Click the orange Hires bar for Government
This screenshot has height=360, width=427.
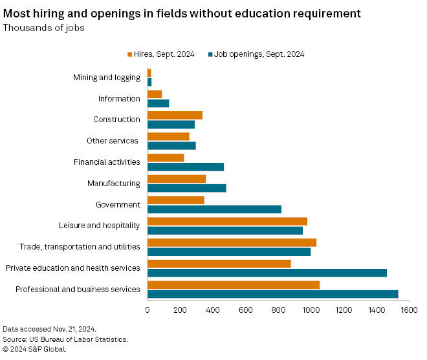[176, 200]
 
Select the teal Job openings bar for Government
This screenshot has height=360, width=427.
[214, 209]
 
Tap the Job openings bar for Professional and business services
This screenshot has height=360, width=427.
[272, 294]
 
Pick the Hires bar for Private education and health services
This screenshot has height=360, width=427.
[219, 264]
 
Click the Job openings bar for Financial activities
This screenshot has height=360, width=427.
[186, 167]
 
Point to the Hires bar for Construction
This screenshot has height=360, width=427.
[175, 115]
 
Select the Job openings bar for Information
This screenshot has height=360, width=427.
[158, 103]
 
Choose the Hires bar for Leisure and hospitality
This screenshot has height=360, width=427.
[227, 221]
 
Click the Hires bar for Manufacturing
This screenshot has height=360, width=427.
[177, 179]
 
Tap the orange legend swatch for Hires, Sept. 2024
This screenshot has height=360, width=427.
[130, 54]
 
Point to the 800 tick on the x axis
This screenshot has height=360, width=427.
[278, 310]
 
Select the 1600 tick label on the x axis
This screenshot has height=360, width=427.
[408, 310]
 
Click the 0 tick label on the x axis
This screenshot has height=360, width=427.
[148, 310]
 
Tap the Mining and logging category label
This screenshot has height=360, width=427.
[107, 78]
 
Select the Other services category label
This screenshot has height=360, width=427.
[113, 141]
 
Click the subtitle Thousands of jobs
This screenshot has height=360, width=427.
[43, 27]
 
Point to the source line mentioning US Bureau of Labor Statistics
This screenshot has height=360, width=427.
[65, 339]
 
